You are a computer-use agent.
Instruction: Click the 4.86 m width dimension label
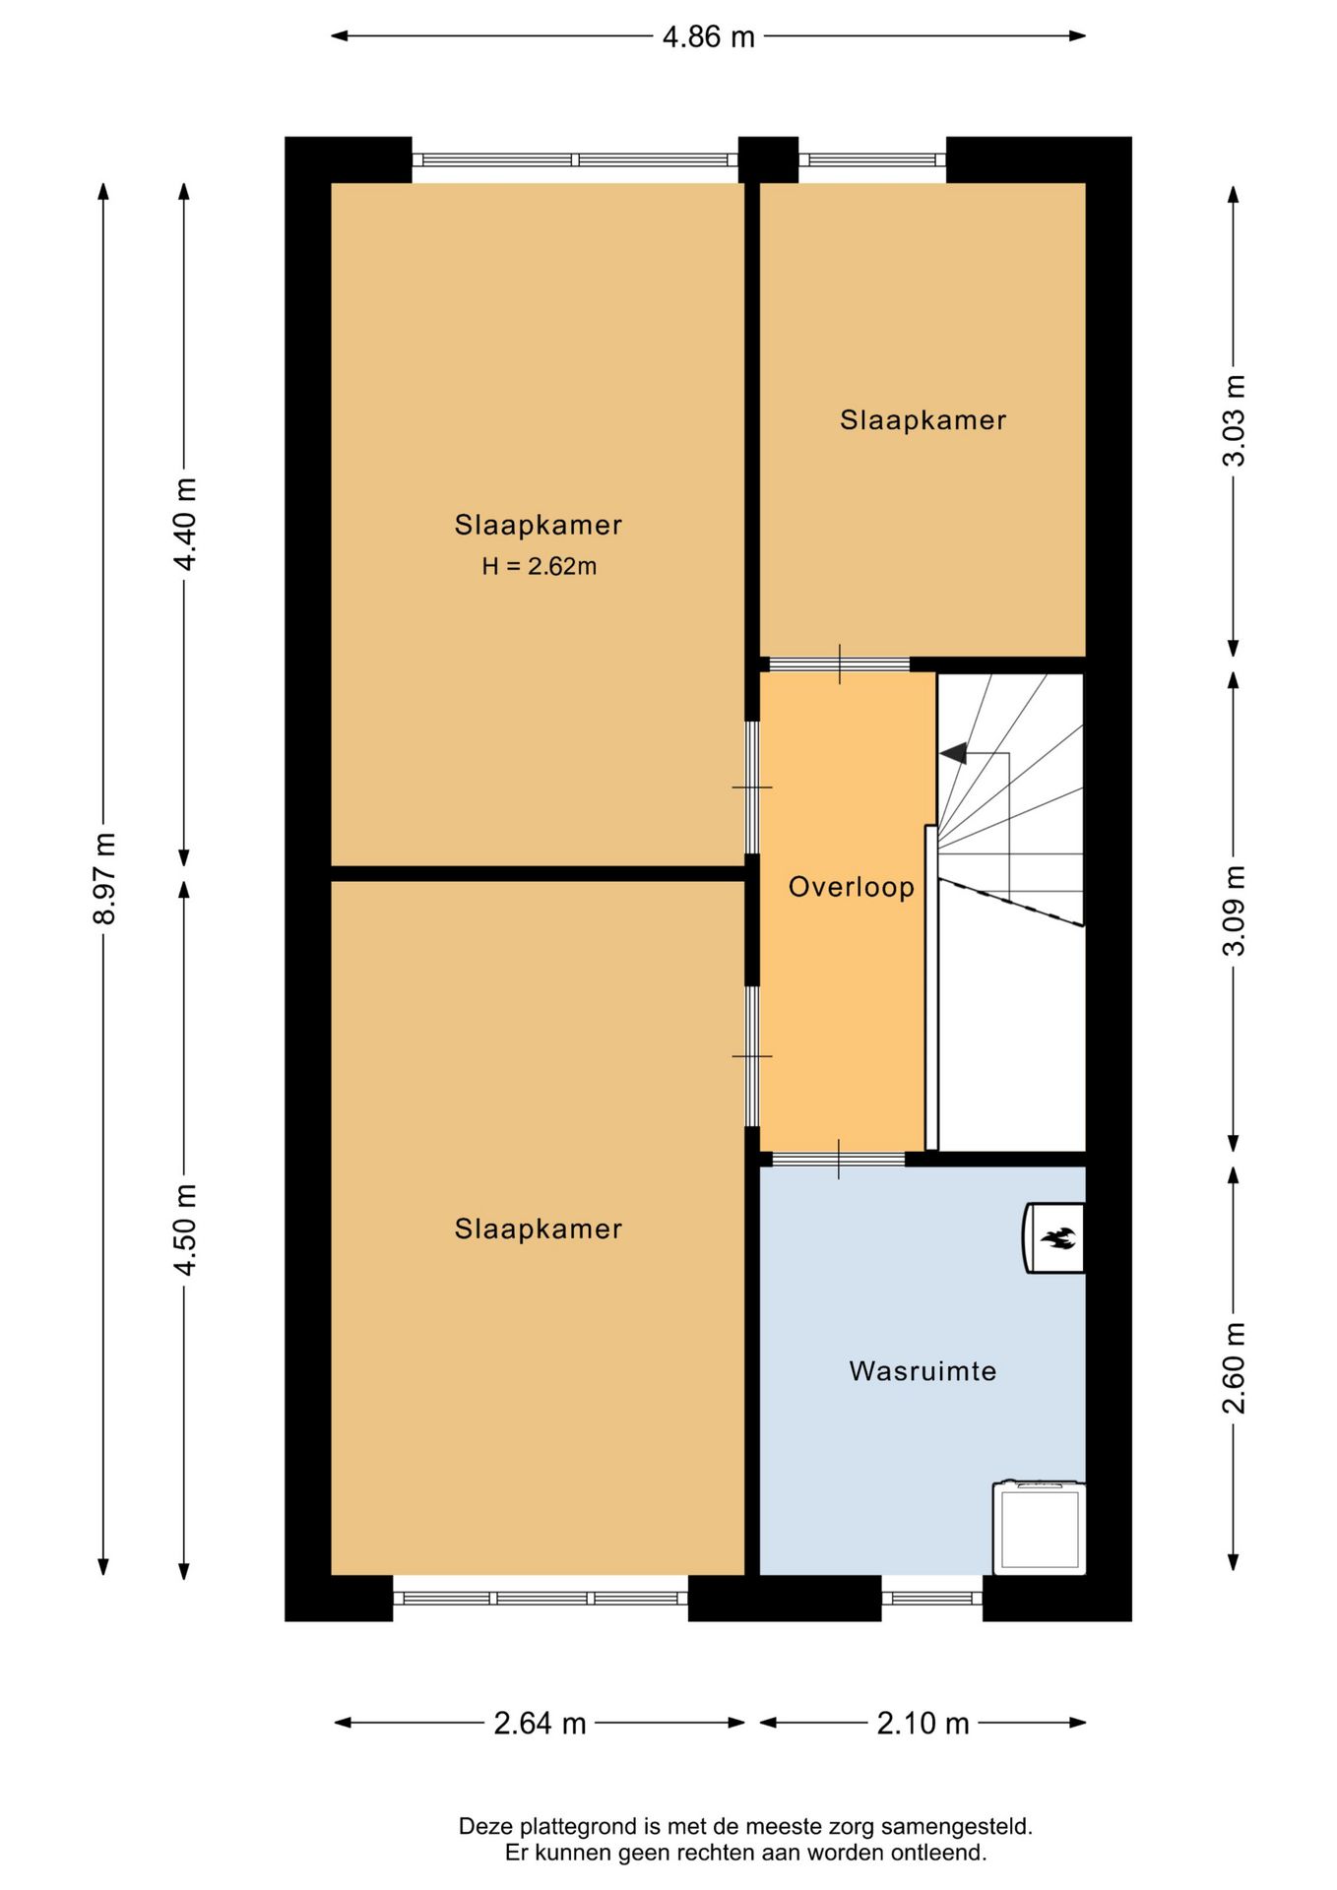click(x=708, y=37)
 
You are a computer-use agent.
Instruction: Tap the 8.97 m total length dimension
click(x=104, y=878)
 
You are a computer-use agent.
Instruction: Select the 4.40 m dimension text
click(x=185, y=524)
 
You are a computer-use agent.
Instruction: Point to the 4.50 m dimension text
click(x=185, y=1229)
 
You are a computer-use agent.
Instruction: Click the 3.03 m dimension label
click(x=1234, y=420)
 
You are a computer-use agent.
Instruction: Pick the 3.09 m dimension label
click(x=1234, y=911)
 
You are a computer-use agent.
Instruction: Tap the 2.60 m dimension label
click(x=1234, y=1368)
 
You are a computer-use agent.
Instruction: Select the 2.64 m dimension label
click(x=540, y=1724)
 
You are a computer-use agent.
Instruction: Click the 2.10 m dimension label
click(x=923, y=1724)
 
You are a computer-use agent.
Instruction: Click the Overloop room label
click(x=852, y=888)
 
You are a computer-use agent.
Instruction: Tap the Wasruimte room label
click(x=923, y=1371)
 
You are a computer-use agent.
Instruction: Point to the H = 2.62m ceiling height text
click(x=540, y=567)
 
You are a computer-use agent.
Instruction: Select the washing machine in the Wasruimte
click(x=1040, y=1528)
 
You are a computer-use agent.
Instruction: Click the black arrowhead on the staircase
click(x=953, y=754)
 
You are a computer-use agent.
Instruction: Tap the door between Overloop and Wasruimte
click(x=838, y=1160)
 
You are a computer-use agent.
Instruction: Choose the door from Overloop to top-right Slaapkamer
click(x=839, y=664)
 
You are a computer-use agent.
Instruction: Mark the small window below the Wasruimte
click(x=931, y=1598)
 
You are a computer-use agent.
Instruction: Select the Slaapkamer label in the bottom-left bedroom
click(x=539, y=1229)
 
